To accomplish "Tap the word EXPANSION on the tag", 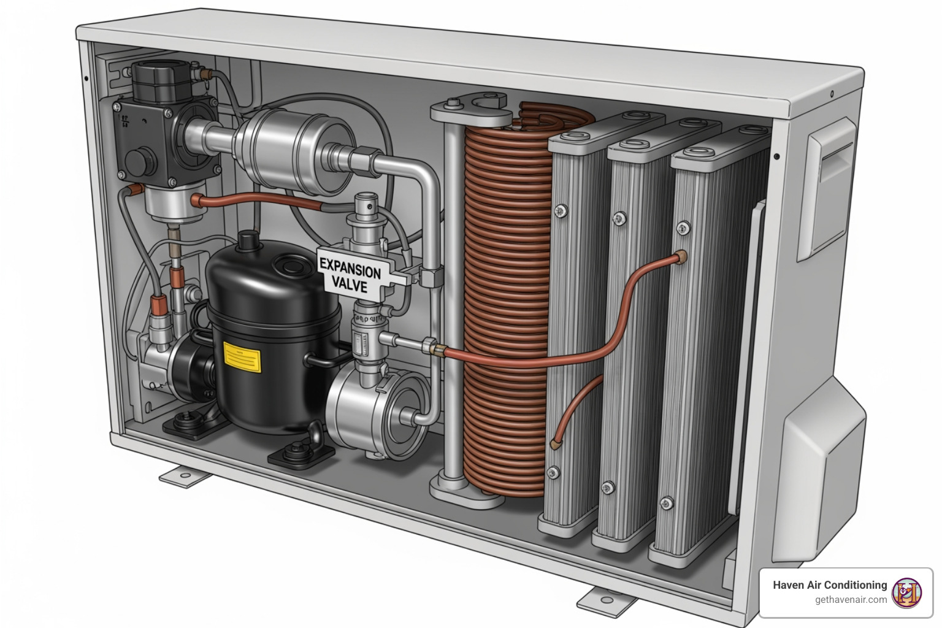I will tap(350, 269).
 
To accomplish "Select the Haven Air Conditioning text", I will tap(830, 585).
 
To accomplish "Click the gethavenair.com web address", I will tap(851, 600).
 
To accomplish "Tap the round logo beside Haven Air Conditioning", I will tap(906, 592).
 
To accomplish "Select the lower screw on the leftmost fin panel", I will tap(554, 472).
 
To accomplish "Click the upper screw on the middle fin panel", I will tap(620, 218).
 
